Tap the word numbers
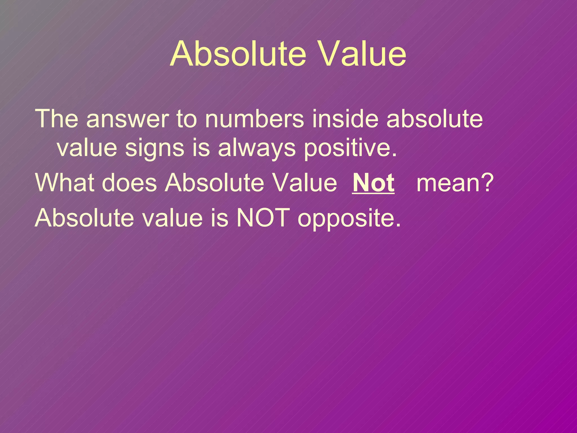click(x=254, y=119)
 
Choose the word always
click(x=257, y=149)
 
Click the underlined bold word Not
click(x=373, y=183)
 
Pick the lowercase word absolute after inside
click(x=434, y=119)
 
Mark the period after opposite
click(x=398, y=225)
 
